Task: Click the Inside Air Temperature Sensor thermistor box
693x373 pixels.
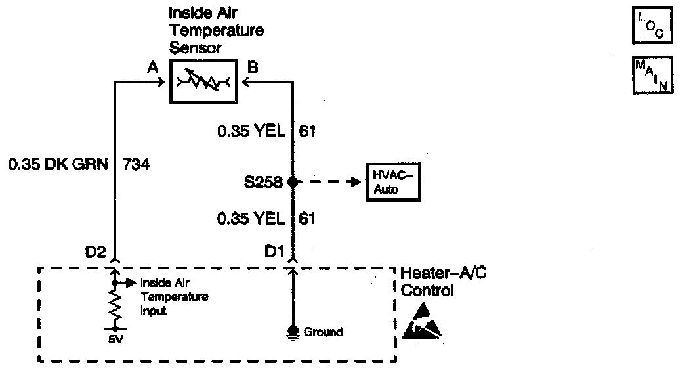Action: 203,82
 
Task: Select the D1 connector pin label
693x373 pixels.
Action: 274,251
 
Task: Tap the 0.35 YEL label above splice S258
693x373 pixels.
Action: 252,132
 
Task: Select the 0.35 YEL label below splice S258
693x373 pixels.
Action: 252,218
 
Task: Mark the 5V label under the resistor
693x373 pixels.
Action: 115,341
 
